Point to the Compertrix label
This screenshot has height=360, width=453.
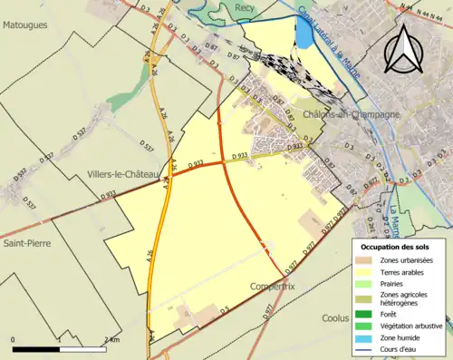273,286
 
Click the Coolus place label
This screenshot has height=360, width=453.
336,317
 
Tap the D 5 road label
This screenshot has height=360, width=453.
223,309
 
